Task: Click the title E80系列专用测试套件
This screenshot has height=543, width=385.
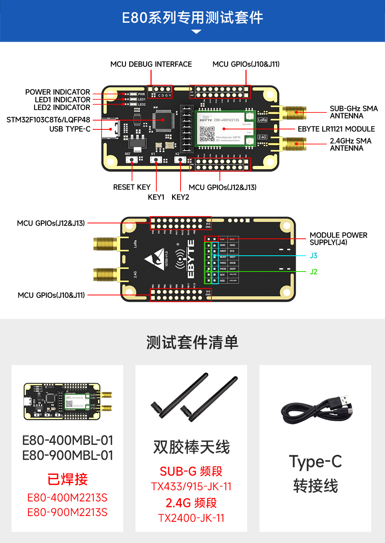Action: click(x=192, y=18)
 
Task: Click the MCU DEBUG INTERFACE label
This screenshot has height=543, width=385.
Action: click(x=151, y=64)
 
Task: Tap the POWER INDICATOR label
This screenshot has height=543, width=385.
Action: click(x=57, y=92)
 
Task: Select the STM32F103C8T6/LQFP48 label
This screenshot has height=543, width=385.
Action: click(x=48, y=120)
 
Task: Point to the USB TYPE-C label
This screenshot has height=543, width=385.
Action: click(x=70, y=129)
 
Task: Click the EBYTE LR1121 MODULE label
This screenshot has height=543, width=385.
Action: click(x=336, y=129)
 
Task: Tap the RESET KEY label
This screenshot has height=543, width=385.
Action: click(x=132, y=187)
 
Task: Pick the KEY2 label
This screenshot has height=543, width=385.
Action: click(x=180, y=197)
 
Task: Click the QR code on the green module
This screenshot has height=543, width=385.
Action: click(x=207, y=134)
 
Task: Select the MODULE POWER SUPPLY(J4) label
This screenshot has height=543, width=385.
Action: click(x=338, y=239)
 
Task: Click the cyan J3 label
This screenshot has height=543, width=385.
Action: click(x=313, y=256)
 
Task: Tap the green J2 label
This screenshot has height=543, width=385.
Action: click(x=313, y=272)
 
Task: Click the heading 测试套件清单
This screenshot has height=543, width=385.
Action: click(x=192, y=342)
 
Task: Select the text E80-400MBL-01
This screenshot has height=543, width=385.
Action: click(x=68, y=440)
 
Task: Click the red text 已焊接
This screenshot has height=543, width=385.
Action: click(x=67, y=479)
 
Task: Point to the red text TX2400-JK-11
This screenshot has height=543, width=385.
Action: click(x=191, y=518)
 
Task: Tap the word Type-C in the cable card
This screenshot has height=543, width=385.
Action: click(x=315, y=461)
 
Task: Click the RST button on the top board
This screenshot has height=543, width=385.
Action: click(x=132, y=160)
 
